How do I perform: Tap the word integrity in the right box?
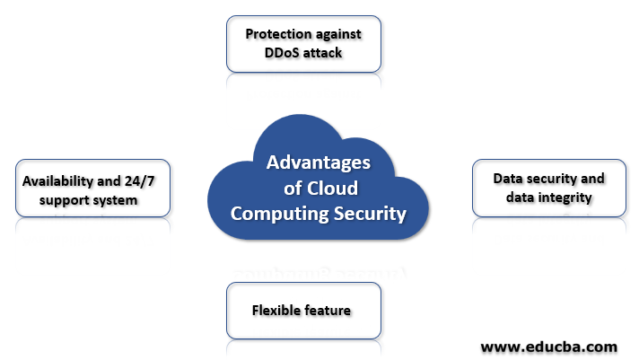pos(565,197)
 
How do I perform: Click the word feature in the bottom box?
pos(328,311)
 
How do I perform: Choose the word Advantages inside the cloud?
pos(319,163)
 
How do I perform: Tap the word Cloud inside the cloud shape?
pos(333,189)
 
